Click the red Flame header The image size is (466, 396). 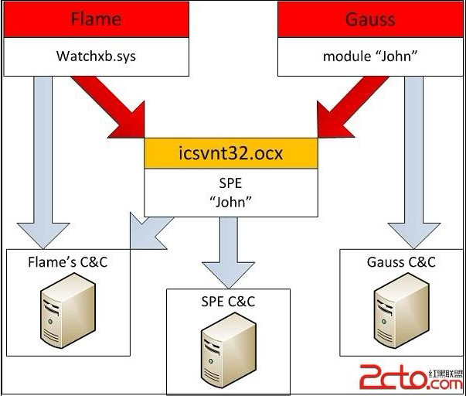click(96, 19)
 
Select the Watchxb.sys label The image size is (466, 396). click(96, 56)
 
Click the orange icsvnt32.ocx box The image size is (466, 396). click(230, 153)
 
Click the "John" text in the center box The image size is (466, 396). click(230, 202)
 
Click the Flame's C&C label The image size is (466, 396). click(66, 263)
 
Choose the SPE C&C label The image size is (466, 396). click(228, 302)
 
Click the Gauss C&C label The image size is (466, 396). click(400, 262)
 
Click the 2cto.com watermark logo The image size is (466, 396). click(410, 377)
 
